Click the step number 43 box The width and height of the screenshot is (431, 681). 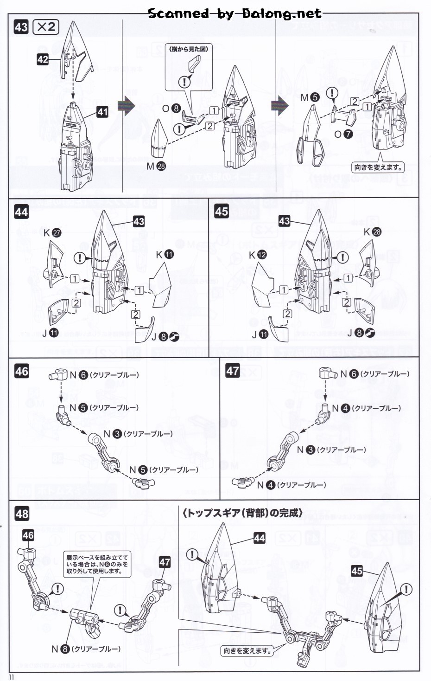tap(21, 27)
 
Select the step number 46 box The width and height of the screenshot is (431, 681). tap(22, 371)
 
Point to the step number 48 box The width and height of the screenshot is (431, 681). tap(22, 514)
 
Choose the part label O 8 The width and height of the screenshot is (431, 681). tap(171, 109)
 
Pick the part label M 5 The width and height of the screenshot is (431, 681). tap(310, 97)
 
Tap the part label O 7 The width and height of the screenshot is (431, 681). tap(343, 134)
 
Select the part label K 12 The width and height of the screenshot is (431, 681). tap(258, 255)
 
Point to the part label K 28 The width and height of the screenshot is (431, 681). tap(372, 232)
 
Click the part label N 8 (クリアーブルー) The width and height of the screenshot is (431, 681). tap(86, 649)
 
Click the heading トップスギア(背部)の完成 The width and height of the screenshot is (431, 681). tap(242, 513)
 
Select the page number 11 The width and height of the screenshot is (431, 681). tap(12, 677)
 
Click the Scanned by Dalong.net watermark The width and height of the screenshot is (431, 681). tap(235, 13)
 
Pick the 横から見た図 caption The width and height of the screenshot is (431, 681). tap(189, 49)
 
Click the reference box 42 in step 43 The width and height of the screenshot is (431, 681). tap(43, 59)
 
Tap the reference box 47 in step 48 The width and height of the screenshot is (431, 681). tap(165, 562)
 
